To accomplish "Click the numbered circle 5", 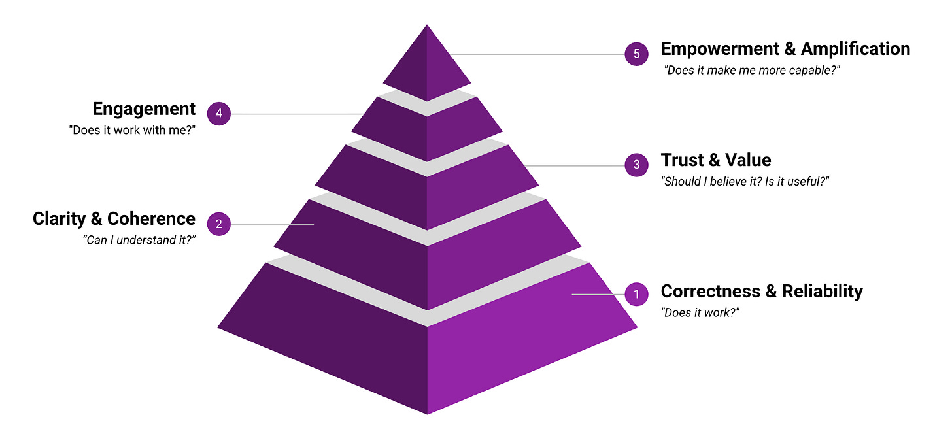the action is (636, 54).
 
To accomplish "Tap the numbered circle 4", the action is (219, 114).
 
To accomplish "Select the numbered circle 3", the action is (636, 165).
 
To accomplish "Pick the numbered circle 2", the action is (219, 224).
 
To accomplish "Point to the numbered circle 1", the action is (636, 294).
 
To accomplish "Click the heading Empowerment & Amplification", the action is (785, 49).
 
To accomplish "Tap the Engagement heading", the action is (144, 108).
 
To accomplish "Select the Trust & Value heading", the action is (716, 160).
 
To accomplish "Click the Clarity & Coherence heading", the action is (114, 218).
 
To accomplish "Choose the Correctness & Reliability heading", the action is (762, 291).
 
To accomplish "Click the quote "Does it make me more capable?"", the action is (752, 70).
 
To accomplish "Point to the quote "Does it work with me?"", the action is (132, 130).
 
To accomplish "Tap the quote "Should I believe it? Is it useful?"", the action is (745, 182).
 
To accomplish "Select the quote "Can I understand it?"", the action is (140, 241).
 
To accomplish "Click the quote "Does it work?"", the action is (700, 312).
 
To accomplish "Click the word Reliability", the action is (822, 291).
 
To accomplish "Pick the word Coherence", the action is (151, 218).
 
